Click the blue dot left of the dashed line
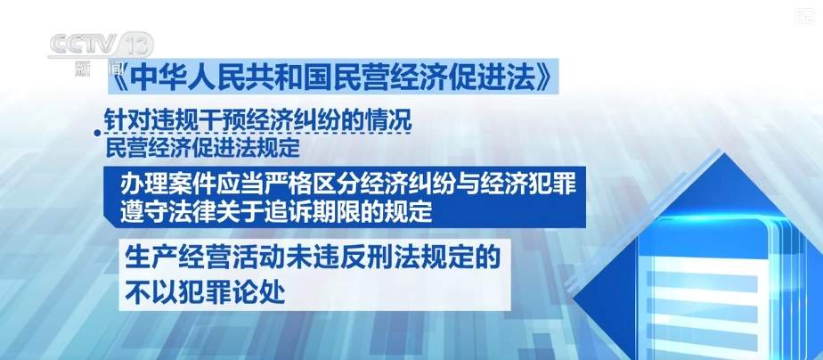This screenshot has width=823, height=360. (x=96, y=135)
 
